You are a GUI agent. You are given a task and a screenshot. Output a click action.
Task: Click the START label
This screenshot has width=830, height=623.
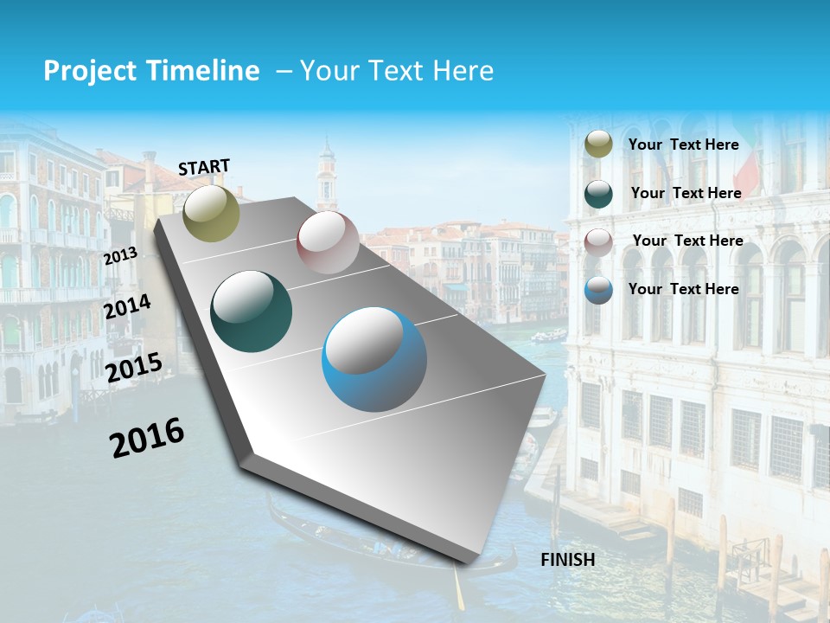pos(204,167)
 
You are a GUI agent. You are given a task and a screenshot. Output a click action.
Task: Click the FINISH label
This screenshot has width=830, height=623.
pos(568,560)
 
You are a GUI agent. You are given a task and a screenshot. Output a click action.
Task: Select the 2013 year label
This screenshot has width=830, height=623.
pos(120,256)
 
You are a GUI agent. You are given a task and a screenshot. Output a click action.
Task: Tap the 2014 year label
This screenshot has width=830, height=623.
pos(128,307)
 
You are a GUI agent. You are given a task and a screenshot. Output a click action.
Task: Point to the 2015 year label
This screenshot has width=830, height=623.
pos(134,368)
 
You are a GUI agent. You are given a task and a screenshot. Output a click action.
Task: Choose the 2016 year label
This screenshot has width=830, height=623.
pos(147,437)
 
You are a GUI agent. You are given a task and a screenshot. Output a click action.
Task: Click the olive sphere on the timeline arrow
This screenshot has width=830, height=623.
pos(212,213)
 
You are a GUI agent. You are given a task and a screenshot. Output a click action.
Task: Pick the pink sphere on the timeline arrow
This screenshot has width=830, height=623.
pos(328,242)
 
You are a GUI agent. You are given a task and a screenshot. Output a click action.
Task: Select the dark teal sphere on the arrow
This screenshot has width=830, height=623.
pos(252,311)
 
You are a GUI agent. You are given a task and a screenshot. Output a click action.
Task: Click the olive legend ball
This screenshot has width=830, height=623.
pos(598,145)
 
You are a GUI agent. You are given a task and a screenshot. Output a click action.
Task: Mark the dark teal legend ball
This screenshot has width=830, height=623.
pos(598,194)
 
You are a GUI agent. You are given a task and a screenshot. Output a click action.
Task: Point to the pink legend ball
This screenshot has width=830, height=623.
pos(598,242)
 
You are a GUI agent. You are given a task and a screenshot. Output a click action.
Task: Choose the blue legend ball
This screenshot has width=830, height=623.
pos(598,290)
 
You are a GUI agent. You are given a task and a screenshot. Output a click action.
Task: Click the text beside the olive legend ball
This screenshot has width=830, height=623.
pos(683,145)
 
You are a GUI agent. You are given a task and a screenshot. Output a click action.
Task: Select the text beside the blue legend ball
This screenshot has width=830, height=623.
pos(683,289)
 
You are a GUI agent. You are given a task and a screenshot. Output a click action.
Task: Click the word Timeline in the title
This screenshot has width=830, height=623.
pos(205,71)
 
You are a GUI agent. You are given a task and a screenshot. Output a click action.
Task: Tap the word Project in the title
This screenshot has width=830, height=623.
pos(90,71)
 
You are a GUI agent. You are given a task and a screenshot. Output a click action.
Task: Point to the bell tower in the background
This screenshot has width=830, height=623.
pos(326,177)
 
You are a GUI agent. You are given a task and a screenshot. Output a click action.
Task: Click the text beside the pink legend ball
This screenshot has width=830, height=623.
pos(687,241)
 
